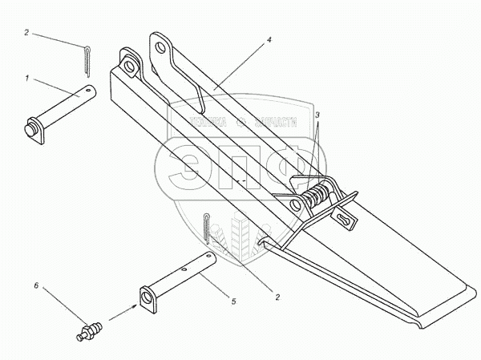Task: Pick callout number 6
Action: click(35, 285)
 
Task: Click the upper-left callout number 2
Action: click(27, 33)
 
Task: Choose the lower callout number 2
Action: click(277, 297)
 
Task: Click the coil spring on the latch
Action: click(317, 195)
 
